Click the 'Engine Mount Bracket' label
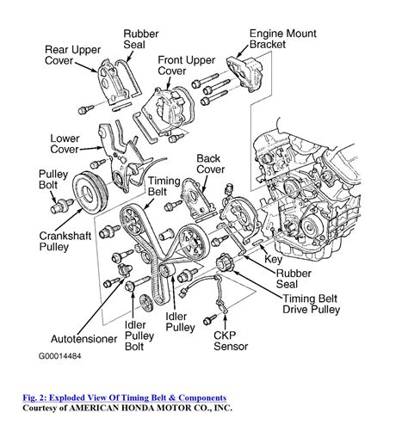282,39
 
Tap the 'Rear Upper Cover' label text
72,55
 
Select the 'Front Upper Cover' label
186,65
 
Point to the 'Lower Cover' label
65,144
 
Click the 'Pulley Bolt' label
53,180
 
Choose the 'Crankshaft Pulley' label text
65,241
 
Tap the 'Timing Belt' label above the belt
164,186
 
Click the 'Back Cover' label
210,163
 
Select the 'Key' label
273,259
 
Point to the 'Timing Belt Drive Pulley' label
311,304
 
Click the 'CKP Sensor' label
231,341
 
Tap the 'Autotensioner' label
83,339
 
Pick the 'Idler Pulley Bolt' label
139,336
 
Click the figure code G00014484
59,356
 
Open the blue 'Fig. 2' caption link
125,398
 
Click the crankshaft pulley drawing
90,193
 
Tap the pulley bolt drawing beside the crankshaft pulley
61,206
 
